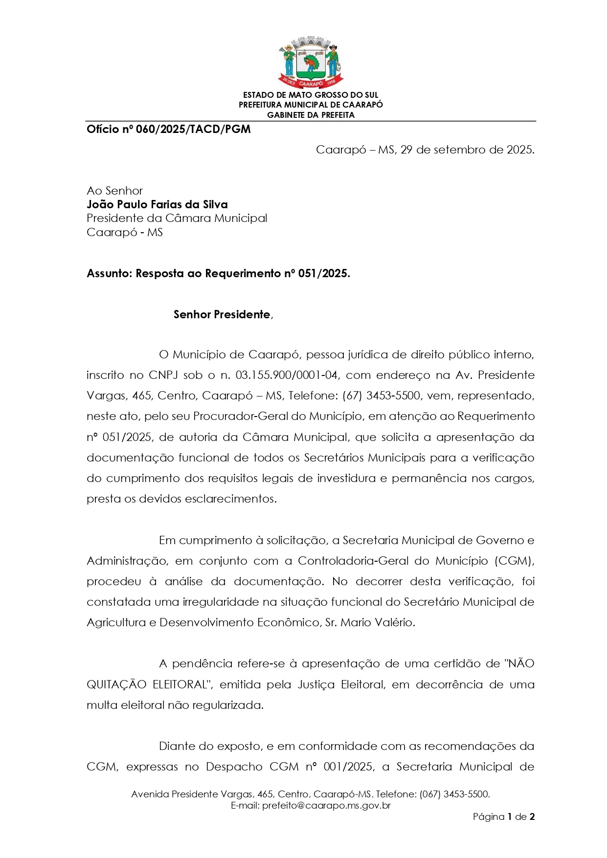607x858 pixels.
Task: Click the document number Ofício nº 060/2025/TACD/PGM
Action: [168, 130]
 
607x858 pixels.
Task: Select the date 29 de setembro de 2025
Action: [467, 150]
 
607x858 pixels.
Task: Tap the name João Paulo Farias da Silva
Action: [157, 204]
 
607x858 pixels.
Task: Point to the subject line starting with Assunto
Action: [218, 273]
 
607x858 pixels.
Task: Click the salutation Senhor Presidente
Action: [222, 314]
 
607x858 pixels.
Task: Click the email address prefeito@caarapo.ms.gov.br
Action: [326, 805]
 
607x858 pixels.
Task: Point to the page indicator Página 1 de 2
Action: [503, 817]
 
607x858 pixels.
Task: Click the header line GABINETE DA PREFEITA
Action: [311, 115]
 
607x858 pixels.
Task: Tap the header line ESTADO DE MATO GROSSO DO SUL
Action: [311, 95]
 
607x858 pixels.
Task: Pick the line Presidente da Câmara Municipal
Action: [177, 218]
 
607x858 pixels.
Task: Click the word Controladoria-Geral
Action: [362, 561]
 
